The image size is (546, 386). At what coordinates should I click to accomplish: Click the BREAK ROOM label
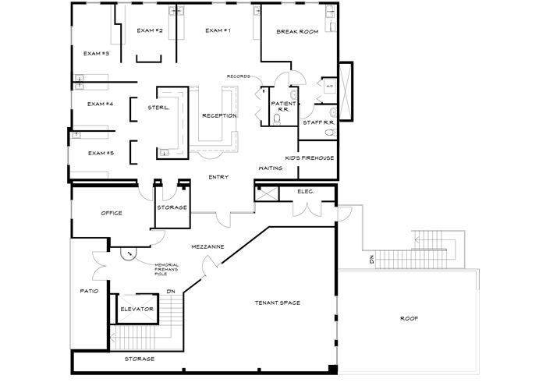click(297, 32)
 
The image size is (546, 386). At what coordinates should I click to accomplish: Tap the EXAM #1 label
click(218, 30)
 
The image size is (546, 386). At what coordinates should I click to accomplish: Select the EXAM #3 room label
click(97, 54)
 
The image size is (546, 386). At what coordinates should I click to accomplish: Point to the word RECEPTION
click(219, 116)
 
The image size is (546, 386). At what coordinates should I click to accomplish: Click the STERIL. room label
click(158, 108)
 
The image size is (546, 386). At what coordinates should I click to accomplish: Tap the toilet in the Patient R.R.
click(277, 120)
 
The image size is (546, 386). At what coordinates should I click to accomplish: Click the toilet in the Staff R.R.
click(331, 133)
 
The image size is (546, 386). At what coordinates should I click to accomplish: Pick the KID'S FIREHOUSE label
click(310, 158)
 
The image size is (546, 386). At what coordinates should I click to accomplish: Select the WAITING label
click(271, 168)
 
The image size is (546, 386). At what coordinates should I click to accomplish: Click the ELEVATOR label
click(136, 309)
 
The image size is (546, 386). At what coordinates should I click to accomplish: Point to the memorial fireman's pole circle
click(129, 253)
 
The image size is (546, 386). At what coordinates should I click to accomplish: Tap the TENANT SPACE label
click(278, 303)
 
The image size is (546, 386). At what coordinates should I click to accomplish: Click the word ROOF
click(409, 318)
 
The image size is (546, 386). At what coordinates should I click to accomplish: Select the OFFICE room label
click(112, 213)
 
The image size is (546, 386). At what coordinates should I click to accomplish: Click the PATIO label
click(89, 291)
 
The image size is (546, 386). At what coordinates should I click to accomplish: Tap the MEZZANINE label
click(208, 246)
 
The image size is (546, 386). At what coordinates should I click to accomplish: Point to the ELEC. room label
click(306, 191)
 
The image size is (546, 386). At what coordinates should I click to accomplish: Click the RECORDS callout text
click(239, 76)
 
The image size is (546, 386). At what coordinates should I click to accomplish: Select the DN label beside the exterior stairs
click(371, 260)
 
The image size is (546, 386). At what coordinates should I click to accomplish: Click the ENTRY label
click(218, 177)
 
